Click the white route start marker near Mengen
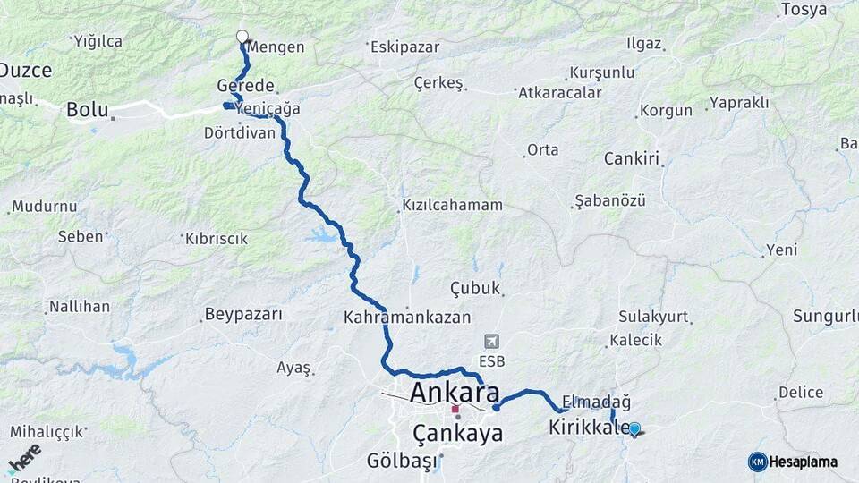tap(242, 37)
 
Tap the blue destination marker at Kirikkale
tap(634, 429)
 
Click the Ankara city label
tap(455, 393)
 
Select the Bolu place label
tap(87, 111)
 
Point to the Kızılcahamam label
tap(452, 205)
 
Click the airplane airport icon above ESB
tap(491, 341)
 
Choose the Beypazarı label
tap(243, 314)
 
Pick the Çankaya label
tap(458, 434)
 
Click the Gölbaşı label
tap(402, 462)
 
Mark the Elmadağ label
tap(597, 402)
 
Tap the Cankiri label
tap(631, 159)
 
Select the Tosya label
tap(804, 10)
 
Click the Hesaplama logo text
tap(804, 462)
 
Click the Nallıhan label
tap(80, 307)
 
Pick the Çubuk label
tap(475, 287)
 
